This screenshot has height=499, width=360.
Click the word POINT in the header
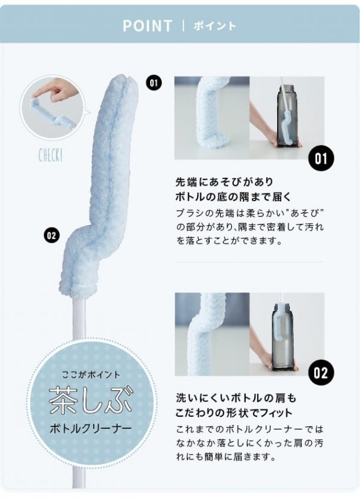click(147, 26)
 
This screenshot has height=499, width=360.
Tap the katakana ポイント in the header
click(215, 26)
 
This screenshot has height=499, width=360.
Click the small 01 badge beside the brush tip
click(154, 83)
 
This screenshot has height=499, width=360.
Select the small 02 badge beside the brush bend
click(51, 235)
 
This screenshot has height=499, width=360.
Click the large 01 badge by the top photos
click(321, 158)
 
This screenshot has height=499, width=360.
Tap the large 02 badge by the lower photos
click(321, 372)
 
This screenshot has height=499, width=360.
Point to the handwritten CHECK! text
click(50, 156)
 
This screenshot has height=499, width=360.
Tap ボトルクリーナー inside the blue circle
click(91, 429)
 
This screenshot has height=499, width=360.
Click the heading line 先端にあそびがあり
click(225, 182)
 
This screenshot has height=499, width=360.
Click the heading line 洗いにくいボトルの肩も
click(236, 398)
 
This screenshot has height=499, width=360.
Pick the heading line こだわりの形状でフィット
click(234, 413)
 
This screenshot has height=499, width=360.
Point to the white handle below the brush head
click(79, 318)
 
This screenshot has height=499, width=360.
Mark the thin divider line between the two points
click(250, 262)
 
